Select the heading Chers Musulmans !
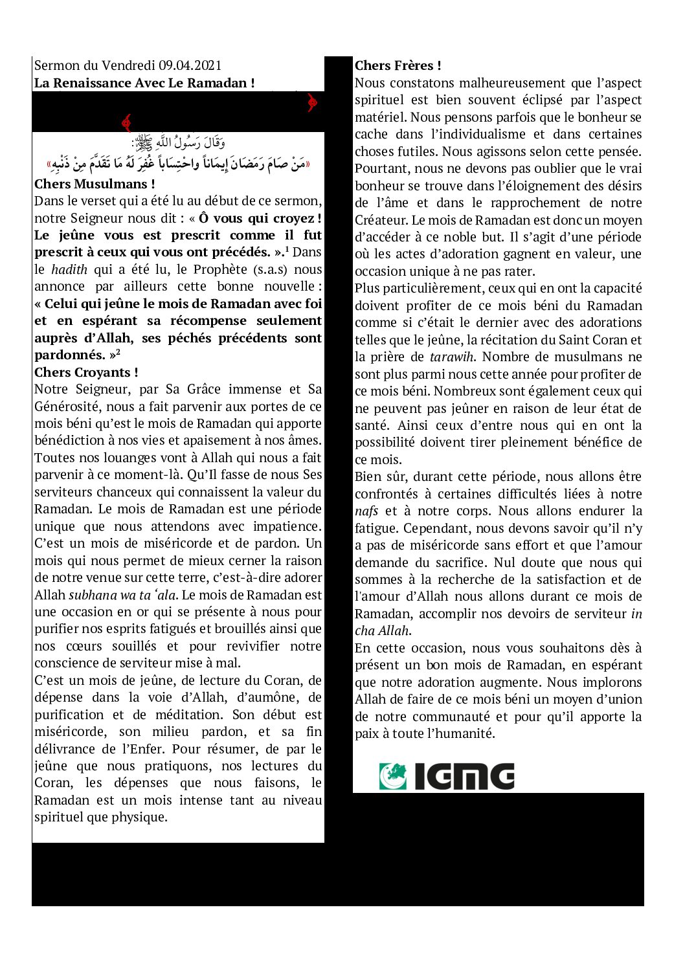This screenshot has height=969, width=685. (95, 184)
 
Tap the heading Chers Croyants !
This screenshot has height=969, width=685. (86, 372)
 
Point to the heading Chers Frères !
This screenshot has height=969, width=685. (398, 65)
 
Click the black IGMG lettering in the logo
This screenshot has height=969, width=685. (464, 776)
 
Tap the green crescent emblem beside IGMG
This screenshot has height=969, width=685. (392, 776)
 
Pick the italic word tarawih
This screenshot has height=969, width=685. (452, 357)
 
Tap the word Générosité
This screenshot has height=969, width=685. (67, 407)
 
